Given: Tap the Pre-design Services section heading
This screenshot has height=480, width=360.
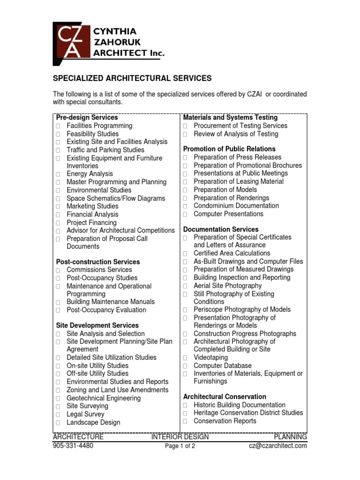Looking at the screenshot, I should (x=87, y=117).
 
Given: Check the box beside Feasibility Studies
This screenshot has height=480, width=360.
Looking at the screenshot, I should (x=58, y=135).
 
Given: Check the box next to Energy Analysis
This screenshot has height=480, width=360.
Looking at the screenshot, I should (x=58, y=174).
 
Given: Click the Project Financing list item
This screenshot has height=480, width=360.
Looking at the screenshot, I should (x=91, y=223).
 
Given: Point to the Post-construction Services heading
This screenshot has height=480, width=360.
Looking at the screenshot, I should (x=97, y=262).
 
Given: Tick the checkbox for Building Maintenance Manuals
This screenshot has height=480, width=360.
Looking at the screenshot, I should (x=58, y=302).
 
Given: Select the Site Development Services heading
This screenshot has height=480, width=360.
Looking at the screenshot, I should (x=97, y=325).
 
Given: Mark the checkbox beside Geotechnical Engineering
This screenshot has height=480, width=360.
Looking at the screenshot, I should (x=58, y=399).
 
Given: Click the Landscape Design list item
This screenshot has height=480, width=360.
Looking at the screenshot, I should (x=93, y=422).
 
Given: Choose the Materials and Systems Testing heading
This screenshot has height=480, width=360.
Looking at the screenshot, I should (x=230, y=118).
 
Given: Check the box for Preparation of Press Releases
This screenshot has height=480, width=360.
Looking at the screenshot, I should (x=185, y=157).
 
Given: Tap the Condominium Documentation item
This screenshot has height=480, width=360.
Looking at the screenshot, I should (x=236, y=206).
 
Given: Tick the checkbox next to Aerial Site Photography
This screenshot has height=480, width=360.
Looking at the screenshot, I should (x=185, y=286).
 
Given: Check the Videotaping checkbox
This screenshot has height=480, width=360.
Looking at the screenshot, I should (x=185, y=358).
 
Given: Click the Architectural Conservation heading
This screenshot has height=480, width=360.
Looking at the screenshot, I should (x=225, y=397).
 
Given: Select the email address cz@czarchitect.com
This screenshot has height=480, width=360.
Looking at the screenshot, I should (x=277, y=446).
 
